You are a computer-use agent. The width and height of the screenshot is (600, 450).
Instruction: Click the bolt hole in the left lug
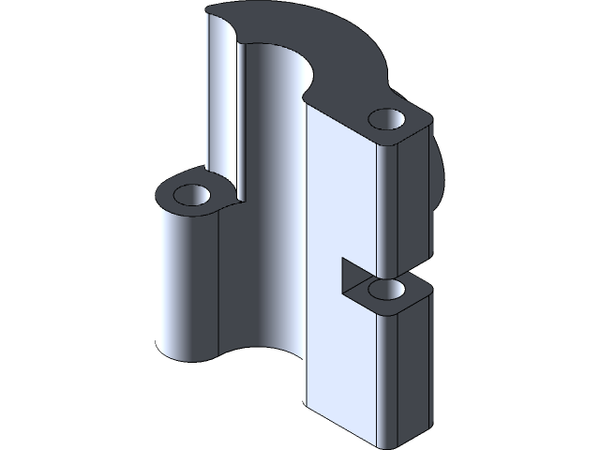[194, 197]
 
